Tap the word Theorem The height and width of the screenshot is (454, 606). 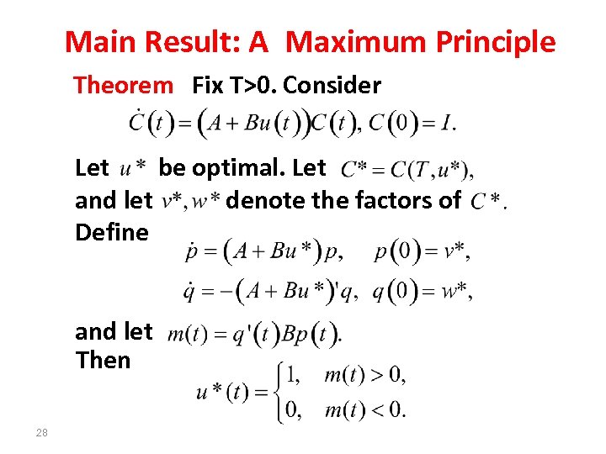123,85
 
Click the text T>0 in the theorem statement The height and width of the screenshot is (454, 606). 258,85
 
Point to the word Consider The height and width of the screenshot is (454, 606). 334,85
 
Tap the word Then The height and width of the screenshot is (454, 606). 103,360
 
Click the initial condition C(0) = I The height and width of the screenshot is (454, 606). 412,123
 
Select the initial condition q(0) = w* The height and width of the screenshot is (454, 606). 422,292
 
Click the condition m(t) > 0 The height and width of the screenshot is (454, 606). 364,374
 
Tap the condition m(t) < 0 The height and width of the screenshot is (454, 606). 364,411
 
